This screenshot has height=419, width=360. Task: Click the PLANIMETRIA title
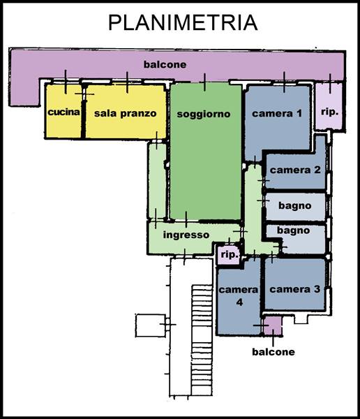(183, 22)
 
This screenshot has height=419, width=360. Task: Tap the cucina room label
(63, 112)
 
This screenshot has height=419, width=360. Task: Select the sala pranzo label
(126, 113)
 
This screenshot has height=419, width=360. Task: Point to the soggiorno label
(204, 114)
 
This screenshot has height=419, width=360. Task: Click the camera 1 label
(277, 113)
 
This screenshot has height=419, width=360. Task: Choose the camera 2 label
(295, 170)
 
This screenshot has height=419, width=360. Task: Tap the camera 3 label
(295, 289)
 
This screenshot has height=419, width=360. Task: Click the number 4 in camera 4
(239, 302)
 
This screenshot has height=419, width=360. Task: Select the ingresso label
(186, 235)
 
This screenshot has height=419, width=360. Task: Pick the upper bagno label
(295, 205)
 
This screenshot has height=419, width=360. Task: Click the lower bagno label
(293, 230)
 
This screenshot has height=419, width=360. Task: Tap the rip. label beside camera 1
(329, 112)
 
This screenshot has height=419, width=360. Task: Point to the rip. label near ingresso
(230, 254)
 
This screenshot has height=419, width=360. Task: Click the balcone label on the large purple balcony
(165, 64)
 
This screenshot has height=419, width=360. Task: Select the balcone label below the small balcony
(273, 352)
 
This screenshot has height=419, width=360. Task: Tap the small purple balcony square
(273, 325)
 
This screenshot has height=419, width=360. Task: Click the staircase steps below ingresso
(202, 340)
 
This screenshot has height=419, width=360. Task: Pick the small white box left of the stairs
(151, 325)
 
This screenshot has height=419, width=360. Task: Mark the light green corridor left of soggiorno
(157, 181)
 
